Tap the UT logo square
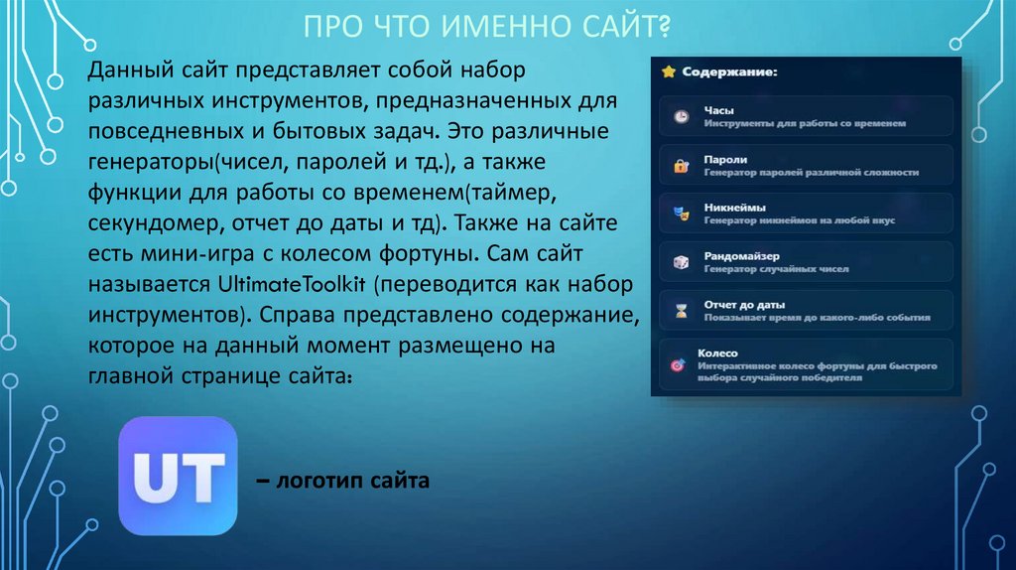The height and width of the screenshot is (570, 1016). (178, 477)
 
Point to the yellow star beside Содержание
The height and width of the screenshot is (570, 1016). (669, 71)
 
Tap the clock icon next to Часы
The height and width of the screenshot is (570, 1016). (681, 117)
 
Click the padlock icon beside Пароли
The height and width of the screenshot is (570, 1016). (681, 166)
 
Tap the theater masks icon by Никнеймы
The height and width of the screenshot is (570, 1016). (681, 214)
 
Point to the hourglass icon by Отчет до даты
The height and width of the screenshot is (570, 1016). (681, 311)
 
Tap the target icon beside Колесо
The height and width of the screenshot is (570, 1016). (678, 365)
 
